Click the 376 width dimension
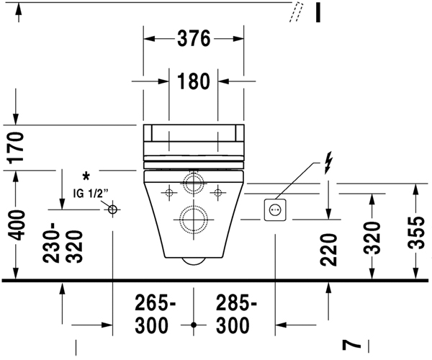click(x=194, y=40)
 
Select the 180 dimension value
click(x=194, y=81)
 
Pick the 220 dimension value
click(x=329, y=249)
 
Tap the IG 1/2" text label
click(x=90, y=193)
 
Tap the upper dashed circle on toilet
click(x=193, y=182)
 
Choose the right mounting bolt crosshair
click(x=217, y=192)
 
